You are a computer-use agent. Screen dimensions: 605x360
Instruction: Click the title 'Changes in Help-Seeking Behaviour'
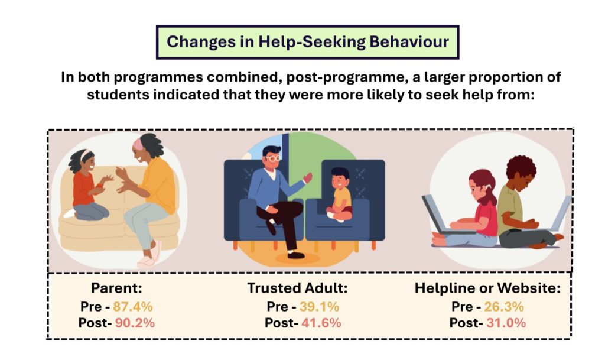(x=307, y=41)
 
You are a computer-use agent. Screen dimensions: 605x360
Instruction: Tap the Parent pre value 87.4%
(x=133, y=307)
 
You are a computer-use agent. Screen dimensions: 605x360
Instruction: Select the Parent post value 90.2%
(x=135, y=323)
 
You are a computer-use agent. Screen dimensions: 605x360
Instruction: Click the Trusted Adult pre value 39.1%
(x=319, y=307)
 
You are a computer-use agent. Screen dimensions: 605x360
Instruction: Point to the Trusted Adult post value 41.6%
(x=321, y=323)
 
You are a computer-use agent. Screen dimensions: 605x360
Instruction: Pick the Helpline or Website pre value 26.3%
(x=504, y=307)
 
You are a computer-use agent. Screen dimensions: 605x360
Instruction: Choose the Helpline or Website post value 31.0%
(x=506, y=323)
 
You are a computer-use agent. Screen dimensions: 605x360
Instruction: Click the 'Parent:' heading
(x=116, y=288)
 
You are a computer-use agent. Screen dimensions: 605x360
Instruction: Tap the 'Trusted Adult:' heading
(x=298, y=288)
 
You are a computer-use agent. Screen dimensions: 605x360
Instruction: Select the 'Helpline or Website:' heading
(x=487, y=288)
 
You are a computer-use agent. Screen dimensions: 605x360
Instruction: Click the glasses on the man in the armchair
(x=273, y=158)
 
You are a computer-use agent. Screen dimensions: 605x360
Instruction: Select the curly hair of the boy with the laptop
(x=521, y=166)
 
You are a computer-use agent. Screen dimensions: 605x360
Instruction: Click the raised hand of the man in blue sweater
(x=308, y=177)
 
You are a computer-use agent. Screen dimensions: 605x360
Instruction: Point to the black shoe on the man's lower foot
(x=296, y=255)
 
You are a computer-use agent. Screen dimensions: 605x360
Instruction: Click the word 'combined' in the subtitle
(x=241, y=77)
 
